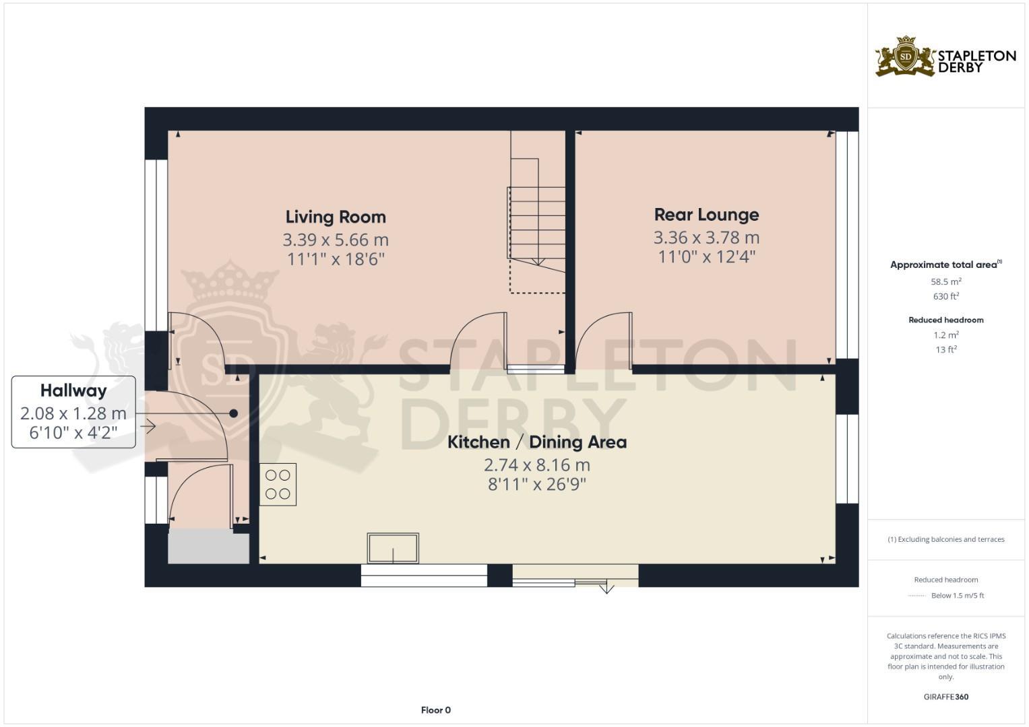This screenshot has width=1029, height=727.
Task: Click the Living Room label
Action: tap(336, 217)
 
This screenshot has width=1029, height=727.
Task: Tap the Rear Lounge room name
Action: tap(706, 215)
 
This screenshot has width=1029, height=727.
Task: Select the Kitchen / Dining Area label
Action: tap(537, 442)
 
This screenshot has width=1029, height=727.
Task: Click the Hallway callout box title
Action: tap(73, 390)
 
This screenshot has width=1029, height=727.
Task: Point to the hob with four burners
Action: tap(278, 485)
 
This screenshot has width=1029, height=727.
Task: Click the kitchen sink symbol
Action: tap(393, 548)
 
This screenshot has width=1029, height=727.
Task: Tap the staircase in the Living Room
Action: tap(537, 222)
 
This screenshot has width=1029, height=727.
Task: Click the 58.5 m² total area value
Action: tap(946, 282)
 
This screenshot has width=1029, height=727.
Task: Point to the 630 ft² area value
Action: tap(946, 297)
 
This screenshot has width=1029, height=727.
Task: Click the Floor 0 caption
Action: tap(435, 710)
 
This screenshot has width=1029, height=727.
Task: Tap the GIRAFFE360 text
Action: tap(946, 697)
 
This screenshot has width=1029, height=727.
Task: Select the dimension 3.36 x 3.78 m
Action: tap(706, 238)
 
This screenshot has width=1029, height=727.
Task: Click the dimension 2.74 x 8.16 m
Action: tap(537, 465)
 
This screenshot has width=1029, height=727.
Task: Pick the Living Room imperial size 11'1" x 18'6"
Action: tap(336, 259)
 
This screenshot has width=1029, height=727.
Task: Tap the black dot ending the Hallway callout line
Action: tap(233, 413)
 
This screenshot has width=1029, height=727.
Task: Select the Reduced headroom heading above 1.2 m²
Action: tap(946, 320)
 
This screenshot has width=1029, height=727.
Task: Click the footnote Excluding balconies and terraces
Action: tap(946, 539)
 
